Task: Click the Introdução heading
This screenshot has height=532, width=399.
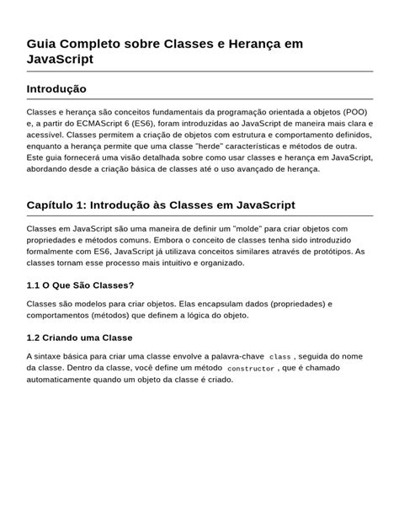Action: (56, 89)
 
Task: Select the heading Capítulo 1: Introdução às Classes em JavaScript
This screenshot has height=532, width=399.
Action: (161, 205)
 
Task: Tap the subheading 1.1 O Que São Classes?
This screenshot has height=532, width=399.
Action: (80, 285)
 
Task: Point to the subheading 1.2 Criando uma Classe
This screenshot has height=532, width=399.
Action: (79, 338)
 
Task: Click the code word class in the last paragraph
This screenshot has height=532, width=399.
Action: (279, 357)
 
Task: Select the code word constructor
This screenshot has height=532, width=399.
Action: (251, 369)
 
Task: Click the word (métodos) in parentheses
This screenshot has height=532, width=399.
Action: (114, 316)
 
